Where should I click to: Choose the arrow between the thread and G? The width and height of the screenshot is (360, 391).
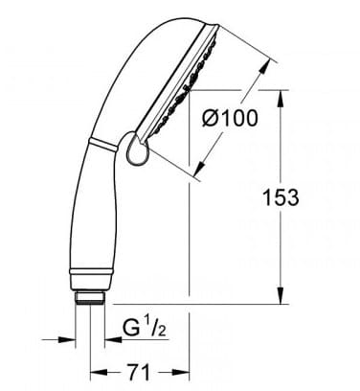[112, 337]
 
